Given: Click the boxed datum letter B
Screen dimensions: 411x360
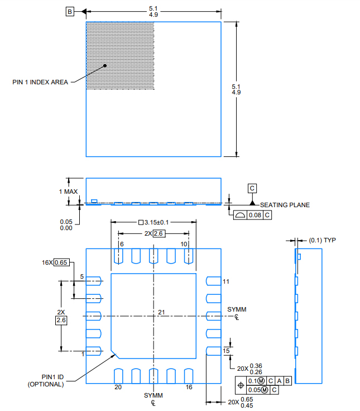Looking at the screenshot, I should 70,11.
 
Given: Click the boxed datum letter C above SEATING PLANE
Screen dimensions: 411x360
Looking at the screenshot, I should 252,188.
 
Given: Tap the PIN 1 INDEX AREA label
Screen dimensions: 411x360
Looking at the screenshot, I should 40,82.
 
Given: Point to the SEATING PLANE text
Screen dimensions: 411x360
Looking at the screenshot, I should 285,205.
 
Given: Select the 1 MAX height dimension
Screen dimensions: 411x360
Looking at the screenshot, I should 69,192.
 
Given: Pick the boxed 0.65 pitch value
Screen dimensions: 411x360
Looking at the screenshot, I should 61,262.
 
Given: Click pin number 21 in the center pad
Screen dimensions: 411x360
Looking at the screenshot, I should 161,312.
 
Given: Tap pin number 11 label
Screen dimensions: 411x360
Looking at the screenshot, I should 226,281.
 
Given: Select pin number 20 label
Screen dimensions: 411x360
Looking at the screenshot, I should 118,387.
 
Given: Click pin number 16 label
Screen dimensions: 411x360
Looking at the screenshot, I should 189,387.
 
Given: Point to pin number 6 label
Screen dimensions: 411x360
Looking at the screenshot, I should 121,245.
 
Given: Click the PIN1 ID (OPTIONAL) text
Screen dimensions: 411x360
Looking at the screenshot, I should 46,380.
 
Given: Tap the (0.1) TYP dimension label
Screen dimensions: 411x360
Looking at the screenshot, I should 322,240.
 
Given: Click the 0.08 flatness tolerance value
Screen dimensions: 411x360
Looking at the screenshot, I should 255,215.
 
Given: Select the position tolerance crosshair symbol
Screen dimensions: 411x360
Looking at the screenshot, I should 241,385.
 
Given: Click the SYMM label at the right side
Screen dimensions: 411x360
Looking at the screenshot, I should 237,309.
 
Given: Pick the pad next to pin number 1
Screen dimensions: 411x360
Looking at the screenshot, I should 94,351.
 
